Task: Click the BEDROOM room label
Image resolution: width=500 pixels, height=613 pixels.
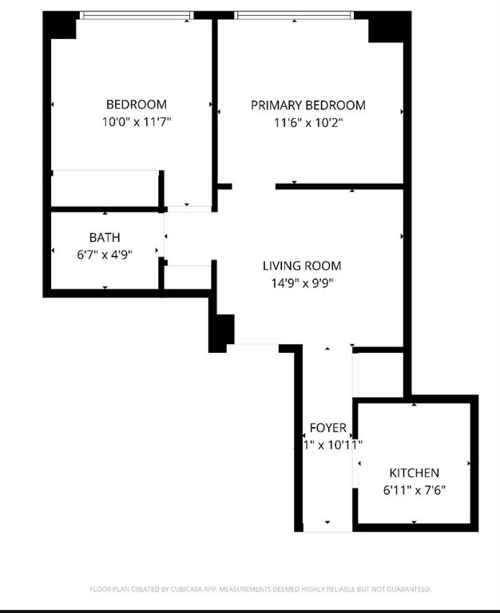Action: pos(137,105)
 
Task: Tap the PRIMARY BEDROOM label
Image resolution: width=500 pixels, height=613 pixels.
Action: pos(308,105)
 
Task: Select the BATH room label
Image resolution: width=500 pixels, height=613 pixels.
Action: pos(105,237)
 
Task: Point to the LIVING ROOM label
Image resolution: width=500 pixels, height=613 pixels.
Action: pos(302,266)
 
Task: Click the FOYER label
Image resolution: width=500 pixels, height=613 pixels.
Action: pos(327,428)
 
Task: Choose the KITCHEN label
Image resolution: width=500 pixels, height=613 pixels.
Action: pos(414,473)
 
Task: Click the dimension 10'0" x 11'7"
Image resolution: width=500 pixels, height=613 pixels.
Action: pos(137,122)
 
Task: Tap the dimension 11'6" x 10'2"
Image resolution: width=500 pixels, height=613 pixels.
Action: pos(308,123)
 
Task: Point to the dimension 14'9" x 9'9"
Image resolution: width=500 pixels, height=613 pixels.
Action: pos(302,283)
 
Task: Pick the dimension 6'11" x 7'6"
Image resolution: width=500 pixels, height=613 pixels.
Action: pos(413,490)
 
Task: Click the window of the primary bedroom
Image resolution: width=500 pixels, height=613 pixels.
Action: pos(294,14)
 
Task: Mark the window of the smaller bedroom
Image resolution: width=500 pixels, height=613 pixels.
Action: pos(137,14)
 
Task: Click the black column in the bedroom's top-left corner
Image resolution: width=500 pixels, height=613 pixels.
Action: pos(61,26)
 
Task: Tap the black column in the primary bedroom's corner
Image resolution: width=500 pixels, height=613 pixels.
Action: pos(388,26)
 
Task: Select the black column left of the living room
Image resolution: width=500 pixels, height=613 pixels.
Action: pos(221,332)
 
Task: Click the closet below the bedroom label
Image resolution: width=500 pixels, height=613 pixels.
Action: pos(105,189)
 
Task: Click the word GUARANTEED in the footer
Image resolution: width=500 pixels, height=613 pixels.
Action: pos(407,589)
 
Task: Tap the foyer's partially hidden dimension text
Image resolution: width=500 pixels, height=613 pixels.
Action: pos(335,445)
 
